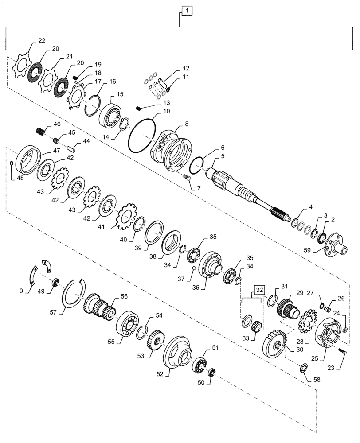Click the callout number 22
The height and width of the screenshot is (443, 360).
41,41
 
